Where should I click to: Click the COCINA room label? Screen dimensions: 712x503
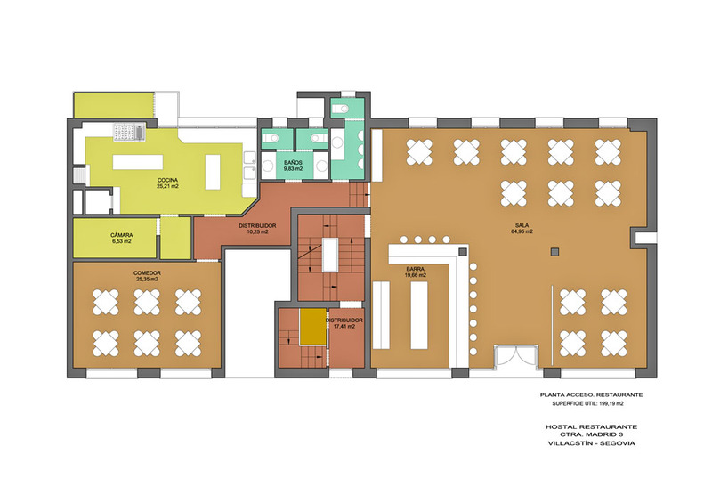pos(167,181)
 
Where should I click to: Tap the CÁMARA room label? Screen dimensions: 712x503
pos(122,235)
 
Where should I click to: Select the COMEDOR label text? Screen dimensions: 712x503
pos(147,273)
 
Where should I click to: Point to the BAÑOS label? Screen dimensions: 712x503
pos(293,163)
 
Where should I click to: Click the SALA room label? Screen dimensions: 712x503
pos(522,225)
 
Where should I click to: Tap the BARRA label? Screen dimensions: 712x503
pos(416,270)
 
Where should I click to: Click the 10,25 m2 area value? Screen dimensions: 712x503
pos(257,231)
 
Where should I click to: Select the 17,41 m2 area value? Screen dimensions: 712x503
pos(344,326)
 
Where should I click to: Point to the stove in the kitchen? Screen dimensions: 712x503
pos(129,133)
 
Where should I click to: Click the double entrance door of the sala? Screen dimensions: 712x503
pos(516,355)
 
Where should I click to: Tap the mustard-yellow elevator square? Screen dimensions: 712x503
pos(312,327)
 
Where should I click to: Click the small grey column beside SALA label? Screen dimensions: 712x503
pos(554,252)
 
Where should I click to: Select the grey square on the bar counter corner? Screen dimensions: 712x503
pos(462,252)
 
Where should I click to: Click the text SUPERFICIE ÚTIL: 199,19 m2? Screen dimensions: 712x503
pos(587,403)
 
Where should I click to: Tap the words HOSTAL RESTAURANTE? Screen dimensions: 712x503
pos(591,426)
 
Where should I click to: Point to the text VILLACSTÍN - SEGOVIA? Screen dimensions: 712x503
pos(591,443)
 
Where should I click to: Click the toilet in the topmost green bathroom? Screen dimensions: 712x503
pos(340,109)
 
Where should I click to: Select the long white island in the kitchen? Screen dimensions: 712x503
pos(138,162)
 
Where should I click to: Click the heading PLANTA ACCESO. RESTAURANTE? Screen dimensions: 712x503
pos(591,395)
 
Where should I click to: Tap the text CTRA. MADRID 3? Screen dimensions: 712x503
pos(591,434)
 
